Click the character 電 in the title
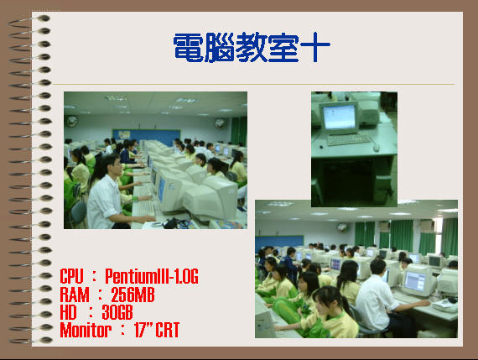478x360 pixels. click(189, 48)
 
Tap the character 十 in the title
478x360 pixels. click(315, 47)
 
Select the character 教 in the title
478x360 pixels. click(252, 48)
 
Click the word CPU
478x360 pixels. click(71, 276)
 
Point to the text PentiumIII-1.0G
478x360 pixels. click(152, 276)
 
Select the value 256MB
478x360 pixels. click(132, 295)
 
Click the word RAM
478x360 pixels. click(75, 295)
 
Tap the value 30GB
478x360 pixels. click(117, 312)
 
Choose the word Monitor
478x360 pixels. click(86, 330)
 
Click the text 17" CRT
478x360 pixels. click(157, 330)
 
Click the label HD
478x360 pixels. click(68, 312)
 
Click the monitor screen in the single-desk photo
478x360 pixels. click(340, 117)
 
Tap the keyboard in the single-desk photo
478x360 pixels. click(348, 139)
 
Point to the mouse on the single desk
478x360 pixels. click(377, 148)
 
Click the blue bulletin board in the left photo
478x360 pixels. click(146, 137)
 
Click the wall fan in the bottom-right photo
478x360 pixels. click(342, 227)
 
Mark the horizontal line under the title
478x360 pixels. click(253, 84)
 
